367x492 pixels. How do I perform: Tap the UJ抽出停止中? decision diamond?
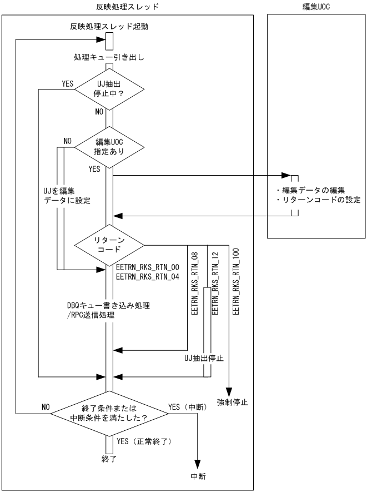click(109, 90)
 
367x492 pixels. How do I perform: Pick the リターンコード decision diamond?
click(109, 245)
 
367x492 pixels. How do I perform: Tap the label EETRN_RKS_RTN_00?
click(147, 267)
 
